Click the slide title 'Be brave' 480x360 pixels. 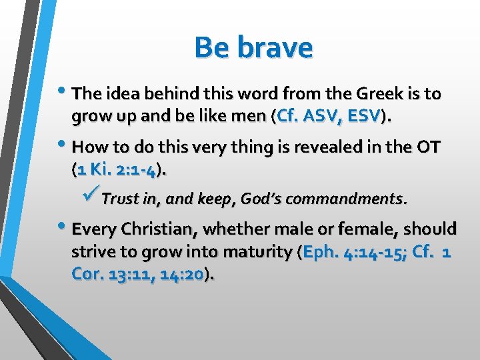(x=253, y=47)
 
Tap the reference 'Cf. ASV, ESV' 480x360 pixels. (x=328, y=117)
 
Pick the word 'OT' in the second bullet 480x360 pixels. (x=426, y=147)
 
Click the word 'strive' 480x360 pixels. (x=91, y=253)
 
